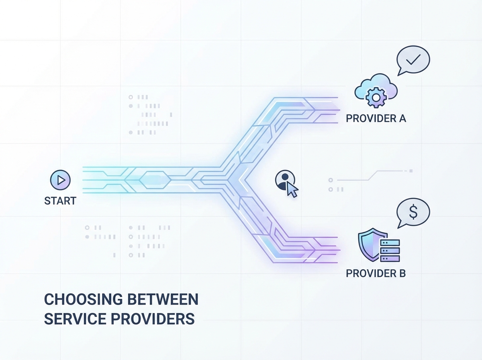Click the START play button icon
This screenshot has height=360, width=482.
(x=60, y=180)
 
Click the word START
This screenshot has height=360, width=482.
(x=60, y=200)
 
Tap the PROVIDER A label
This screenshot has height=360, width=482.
(x=376, y=119)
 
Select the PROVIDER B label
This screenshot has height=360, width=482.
(x=376, y=274)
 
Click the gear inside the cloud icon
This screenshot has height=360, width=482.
(x=376, y=97)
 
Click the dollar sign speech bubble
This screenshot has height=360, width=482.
(x=413, y=213)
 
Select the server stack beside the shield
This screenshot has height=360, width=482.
(x=390, y=250)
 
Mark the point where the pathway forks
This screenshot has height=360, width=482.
(x=233, y=179)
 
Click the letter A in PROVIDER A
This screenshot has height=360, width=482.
(x=402, y=119)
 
